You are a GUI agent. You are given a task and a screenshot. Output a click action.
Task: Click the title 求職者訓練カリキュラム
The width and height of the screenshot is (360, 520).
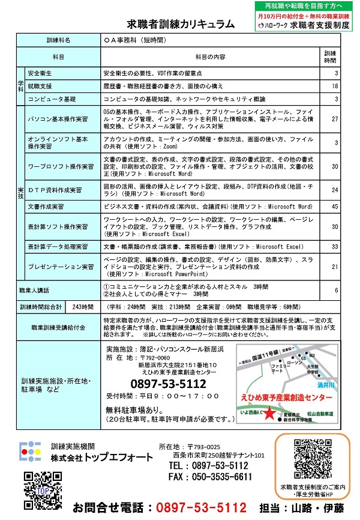click(x=180, y=24)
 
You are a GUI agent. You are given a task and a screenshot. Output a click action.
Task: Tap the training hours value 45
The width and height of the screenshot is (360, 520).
click(x=335, y=207)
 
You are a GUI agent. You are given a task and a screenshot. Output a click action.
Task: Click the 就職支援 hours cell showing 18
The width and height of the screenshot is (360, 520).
click(x=335, y=86)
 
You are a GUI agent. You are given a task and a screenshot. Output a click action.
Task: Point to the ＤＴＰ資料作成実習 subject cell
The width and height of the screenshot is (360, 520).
click(x=55, y=190)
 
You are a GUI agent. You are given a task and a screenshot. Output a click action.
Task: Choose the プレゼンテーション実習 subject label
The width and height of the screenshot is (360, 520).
click(x=61, y=266)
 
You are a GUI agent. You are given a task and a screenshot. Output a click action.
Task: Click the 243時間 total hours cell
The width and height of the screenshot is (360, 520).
click(x=82, y=306)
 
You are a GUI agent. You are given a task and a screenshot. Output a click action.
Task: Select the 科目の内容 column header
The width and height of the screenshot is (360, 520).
click(x=210, y=56)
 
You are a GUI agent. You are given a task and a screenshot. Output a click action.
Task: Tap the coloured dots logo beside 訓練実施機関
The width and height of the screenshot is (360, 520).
click(x=31, y=452)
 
